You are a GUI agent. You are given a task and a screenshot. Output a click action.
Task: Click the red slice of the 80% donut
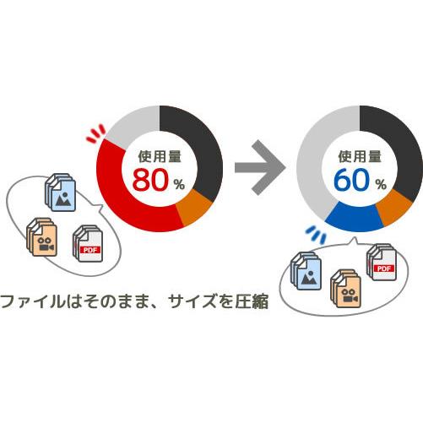[118, 194]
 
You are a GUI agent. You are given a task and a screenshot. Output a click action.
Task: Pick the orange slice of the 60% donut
[395, 209]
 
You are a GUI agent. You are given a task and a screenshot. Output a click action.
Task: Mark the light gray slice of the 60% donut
[312, 163]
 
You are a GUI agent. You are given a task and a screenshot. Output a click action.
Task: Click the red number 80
[150, 180]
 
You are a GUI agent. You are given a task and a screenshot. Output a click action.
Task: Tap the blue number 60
[351, 180]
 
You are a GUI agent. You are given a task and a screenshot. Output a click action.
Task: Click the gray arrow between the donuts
[260, 168]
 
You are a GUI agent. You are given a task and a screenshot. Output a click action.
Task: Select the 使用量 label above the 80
[160, 156]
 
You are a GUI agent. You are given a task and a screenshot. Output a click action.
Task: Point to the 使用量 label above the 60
[360, 156]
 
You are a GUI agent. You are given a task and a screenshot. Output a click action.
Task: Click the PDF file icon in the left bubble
[88, 243]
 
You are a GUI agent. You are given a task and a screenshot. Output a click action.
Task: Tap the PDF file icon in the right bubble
[382, 263]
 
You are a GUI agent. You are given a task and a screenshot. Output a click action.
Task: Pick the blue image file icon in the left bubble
[60, 193]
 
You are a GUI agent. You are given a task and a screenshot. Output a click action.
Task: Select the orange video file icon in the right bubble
[346, 289]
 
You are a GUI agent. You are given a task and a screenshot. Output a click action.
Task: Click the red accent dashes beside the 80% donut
[95, 133]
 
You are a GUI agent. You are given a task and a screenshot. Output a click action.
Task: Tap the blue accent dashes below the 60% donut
[316, 234]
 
